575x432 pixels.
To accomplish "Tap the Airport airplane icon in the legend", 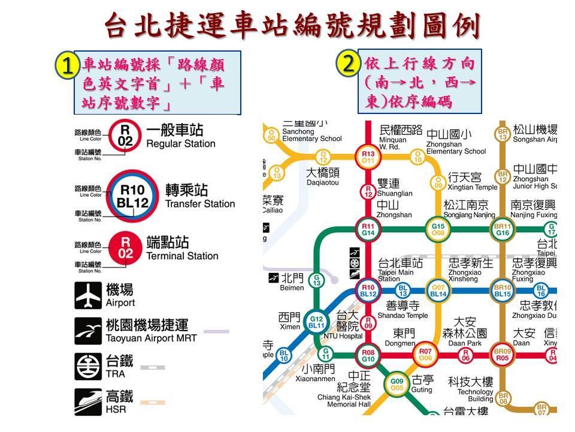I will [88, 295].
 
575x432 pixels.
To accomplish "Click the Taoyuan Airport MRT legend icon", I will [88, 331].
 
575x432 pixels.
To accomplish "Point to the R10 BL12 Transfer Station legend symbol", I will [132, 197].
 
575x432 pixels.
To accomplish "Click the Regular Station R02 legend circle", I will [125, 136].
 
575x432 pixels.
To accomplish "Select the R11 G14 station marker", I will [368, 229].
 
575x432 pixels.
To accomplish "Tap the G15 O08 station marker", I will [438, 229].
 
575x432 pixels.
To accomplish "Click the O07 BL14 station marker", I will [438, 291].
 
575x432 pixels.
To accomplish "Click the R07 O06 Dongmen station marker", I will [425, 355].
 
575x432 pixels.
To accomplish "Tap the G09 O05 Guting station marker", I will [397, 384].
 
